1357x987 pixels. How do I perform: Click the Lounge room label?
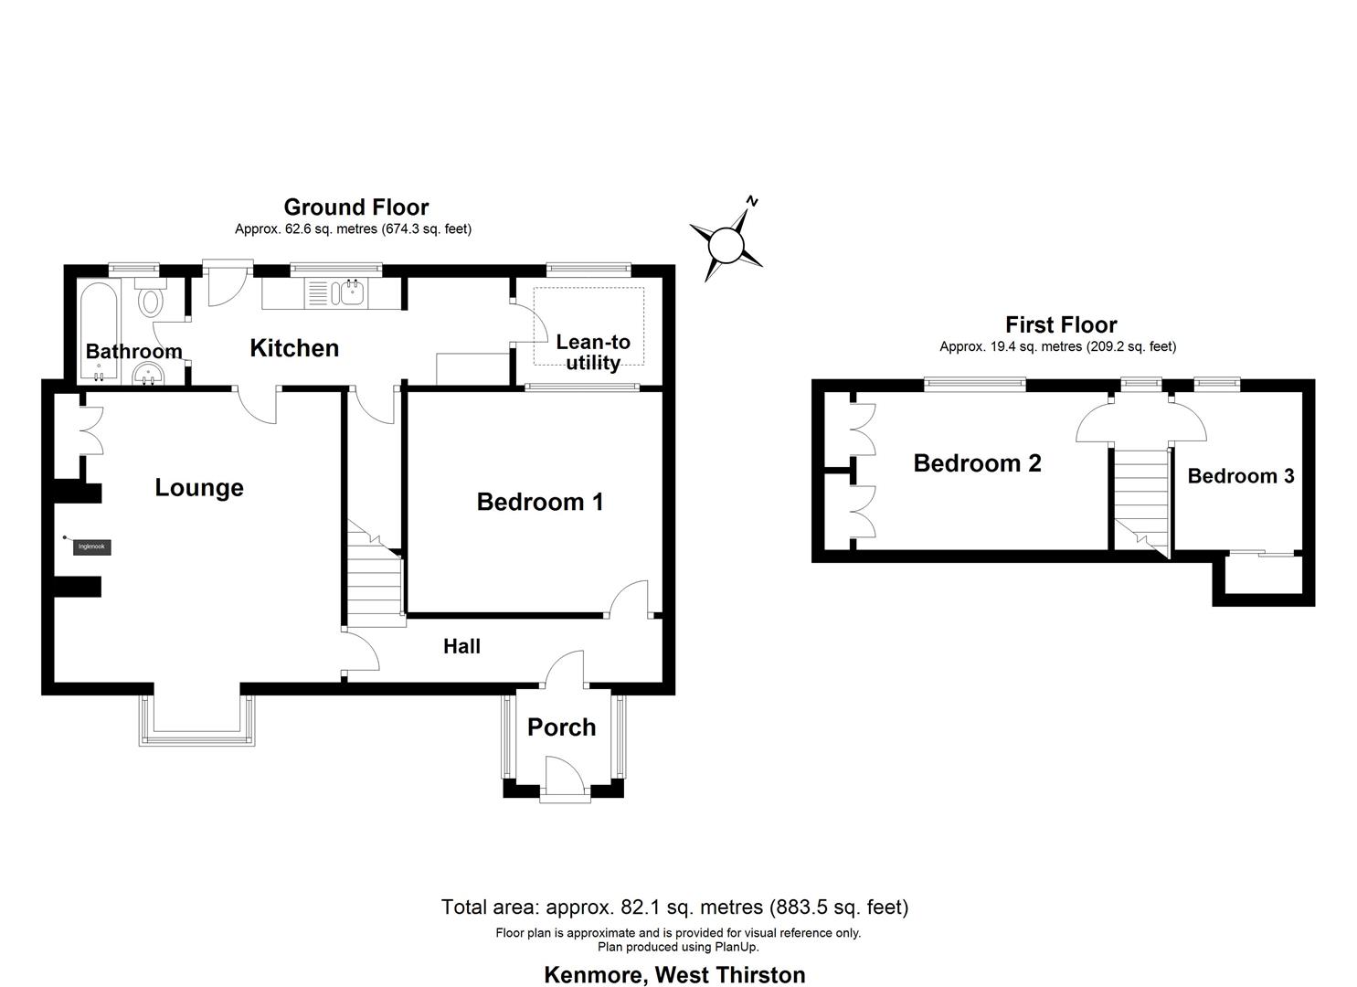click(x=199, y=488)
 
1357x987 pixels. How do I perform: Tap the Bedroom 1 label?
click(x=539, y=502)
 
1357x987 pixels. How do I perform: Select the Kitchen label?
click(x=294, y=348)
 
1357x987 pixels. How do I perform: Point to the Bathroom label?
click(x=133, y=352)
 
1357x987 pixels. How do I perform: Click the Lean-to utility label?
click(x=593, y=353)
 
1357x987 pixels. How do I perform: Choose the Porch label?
click(x=561, y=727)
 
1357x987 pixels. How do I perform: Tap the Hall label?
click(x=461, y=647)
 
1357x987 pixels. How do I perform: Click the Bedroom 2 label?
click(x=977, y=463)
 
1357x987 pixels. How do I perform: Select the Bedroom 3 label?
click(x=1240, y=476)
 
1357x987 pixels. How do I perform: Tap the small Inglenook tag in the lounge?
click(x=92, y=547)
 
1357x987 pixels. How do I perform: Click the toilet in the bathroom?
click(x=151, y=298)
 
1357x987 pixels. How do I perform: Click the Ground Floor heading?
click(x=355, y=207)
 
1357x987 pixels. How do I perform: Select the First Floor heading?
click(x=1061, y=324)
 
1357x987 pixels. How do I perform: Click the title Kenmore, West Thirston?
click(x=674, y=975)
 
